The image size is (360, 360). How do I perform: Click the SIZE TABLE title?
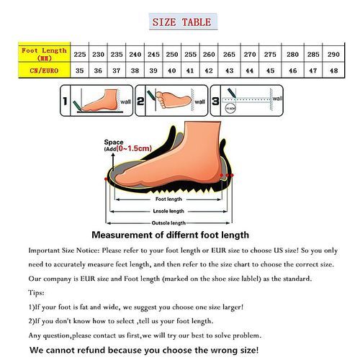(x=181, y=22)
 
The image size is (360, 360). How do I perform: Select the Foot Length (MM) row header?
(x=44, y=54)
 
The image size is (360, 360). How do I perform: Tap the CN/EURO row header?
(x=44, y=71)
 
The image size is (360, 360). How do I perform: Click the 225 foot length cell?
(x=80, y=55)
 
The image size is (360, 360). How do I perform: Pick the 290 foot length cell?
(x=333, y=55)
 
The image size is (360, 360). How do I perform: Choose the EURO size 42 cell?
(x=209, y=71)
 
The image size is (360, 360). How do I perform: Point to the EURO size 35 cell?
(x=80, y=71)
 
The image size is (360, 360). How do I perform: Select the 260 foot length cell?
(x=209, y=55)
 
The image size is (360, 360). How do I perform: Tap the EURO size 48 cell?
(x=333, y=71)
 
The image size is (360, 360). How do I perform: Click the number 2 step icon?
(x=141, y=101)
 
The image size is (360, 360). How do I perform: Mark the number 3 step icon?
(x=216, y=101)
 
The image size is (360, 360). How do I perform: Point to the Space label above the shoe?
(x=114, y=142)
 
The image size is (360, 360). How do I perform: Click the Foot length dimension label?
(x=170, y=198)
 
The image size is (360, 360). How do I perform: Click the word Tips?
(x=37, y=293)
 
